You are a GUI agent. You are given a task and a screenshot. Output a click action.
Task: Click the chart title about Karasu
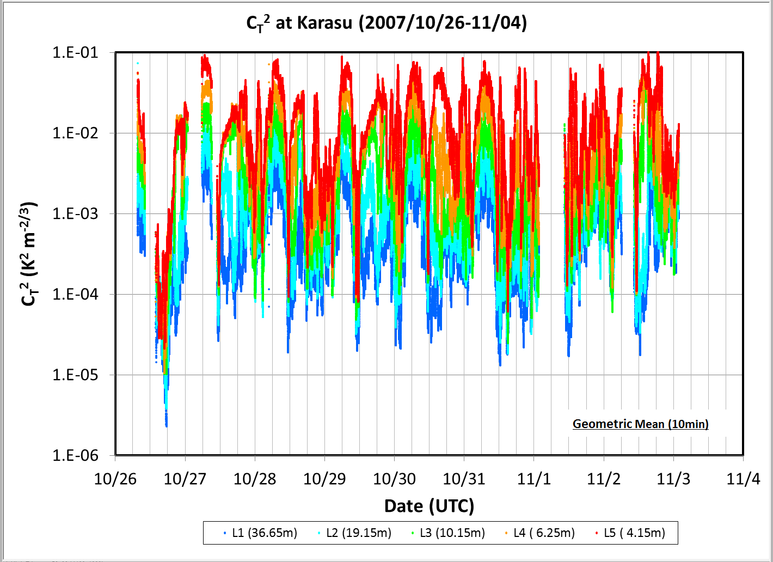click(387, 23)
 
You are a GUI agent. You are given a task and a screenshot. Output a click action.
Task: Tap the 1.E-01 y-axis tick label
click(75, 52)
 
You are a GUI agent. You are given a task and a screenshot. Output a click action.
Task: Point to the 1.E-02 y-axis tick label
click(75, 133)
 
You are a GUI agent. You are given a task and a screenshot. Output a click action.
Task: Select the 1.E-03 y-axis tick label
click(75, 213)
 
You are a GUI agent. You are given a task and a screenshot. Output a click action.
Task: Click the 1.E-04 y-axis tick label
click(75, 294)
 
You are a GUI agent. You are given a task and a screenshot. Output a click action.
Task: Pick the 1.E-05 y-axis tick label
click(75, 375)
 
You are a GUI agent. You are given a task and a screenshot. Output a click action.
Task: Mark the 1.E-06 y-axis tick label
click(75, 456)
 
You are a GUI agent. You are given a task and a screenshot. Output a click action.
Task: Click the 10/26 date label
click(115, 479)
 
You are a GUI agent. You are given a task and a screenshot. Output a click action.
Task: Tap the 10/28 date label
click(255, 479)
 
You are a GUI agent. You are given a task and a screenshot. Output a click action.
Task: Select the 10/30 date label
click(395, 479)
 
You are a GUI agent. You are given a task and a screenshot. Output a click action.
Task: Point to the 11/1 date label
click(534, 479)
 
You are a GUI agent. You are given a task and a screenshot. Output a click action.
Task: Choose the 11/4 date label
click(743, 479)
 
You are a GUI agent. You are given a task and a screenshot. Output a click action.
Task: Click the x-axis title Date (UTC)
click(430, 506)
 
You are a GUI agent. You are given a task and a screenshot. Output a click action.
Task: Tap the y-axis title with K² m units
click(28, 254)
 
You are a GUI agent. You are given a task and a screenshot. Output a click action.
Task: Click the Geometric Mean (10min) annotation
click(641, 424)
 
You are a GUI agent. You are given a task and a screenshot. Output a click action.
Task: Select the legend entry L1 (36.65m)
click(261, 533)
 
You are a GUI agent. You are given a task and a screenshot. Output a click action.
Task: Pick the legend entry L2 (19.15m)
click(354, 533)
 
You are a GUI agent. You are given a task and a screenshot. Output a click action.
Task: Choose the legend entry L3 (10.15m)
click(448, 533)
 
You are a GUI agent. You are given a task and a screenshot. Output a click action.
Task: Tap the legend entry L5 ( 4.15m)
click(630, 533)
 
